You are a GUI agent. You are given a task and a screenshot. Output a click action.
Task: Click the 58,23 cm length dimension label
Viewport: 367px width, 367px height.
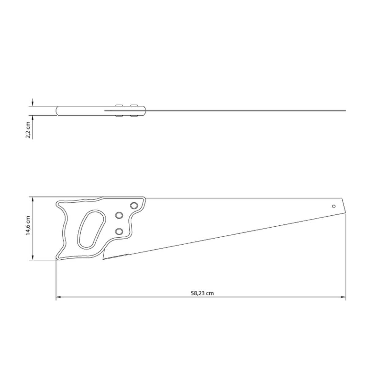pos(202,293)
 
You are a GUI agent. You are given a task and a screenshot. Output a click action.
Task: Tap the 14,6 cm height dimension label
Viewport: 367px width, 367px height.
pos(28,225)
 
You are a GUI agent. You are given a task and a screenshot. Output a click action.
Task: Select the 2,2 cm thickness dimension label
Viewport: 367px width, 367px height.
pos(28,130)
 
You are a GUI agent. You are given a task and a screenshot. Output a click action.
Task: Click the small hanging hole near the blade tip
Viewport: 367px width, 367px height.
pos(333,206)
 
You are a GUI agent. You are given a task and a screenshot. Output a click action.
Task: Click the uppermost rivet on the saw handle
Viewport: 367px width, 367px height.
pos(134,206)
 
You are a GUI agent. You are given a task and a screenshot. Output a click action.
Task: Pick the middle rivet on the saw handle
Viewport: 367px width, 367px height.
pos(119,215)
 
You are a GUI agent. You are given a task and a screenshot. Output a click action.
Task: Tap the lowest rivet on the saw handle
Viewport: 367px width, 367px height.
pos(119,232)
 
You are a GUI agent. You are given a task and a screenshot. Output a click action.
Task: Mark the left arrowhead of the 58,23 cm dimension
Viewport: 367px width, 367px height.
pos(58,297)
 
